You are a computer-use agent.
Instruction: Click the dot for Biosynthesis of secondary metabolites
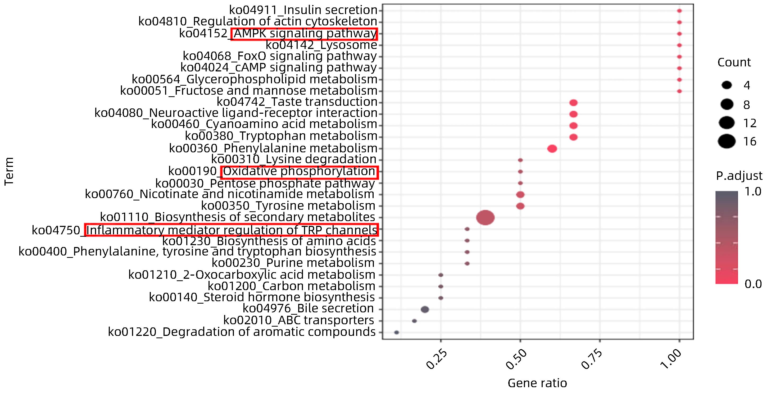[485, 218]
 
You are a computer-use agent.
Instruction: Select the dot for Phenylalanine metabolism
[552, 148]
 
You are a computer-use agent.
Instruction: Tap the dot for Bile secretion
[425, 309]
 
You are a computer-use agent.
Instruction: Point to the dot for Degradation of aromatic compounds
[396, 332]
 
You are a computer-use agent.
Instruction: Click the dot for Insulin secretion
[679, 11]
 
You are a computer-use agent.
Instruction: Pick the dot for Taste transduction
[573, 103]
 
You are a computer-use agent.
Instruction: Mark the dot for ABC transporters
[414, 321]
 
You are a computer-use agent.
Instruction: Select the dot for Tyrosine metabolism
[520, 206]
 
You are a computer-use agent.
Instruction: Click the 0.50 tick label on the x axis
[516, 360]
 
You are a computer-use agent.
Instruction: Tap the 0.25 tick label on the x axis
[437, 360]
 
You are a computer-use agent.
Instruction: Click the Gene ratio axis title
[537, 383]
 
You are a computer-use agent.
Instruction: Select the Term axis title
[9, 172]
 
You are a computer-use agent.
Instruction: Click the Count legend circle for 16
[727, 141]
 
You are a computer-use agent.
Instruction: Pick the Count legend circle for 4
[727, 86]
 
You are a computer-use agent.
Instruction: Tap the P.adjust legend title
[739, 176]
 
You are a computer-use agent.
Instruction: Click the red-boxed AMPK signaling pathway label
[304, 34]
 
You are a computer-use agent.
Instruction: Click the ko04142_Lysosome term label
[321, 45]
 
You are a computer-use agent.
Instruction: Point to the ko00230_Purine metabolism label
[293, 263]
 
